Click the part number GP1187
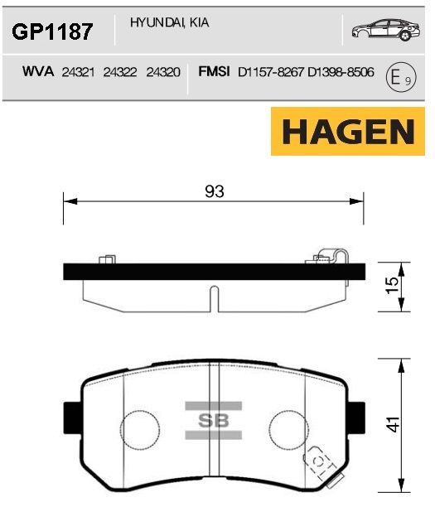click(52, 31)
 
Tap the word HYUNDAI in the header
click(157, 22)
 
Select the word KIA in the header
click(199, 22)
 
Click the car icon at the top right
click(386, 29)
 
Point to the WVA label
click(38, 72)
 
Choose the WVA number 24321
click(78, 72)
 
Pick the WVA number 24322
click(120, 72)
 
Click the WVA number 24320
click(163, 72)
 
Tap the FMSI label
click(214, 72)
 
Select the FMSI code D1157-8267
click(271, 72)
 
